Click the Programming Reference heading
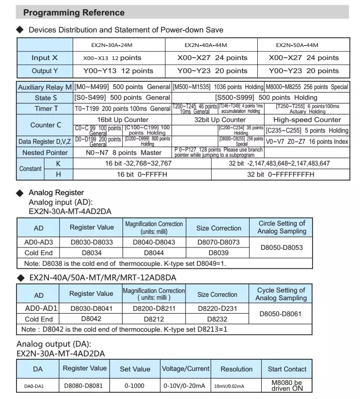[x=74, y=13]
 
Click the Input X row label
[x=45, y=58]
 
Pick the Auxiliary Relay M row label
[x=45, y=88]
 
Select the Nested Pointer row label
[x=45, y=153]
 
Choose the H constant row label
[x=59, y=174]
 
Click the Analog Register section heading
[x=56, y=193]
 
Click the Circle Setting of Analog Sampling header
[x=282, y=227]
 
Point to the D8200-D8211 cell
[x=154, y=308]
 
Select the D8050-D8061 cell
[x=281, y=314]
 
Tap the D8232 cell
[x=217, y=320]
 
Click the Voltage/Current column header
[x=186, y=368]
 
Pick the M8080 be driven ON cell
[x=287, y=386]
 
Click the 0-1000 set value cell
[x=135, y=386]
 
